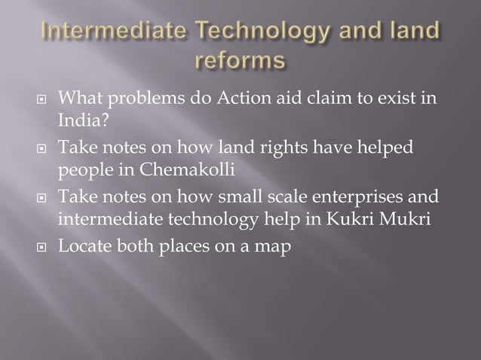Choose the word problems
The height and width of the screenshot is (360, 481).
click(135, 99)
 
